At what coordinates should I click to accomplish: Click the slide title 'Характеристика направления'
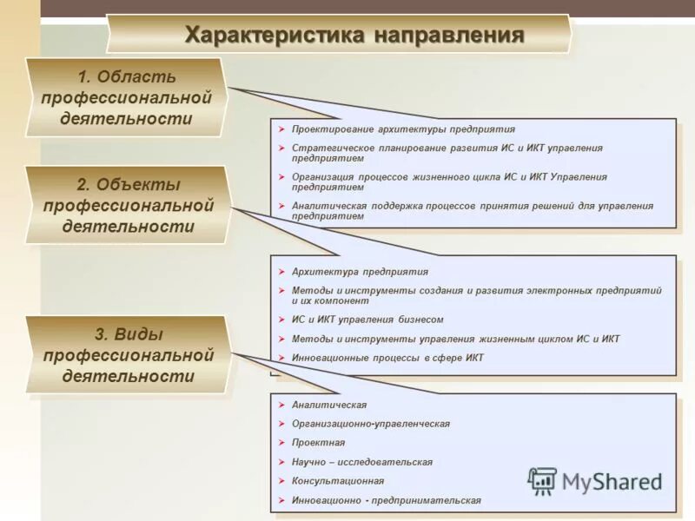click(x=354, y=35)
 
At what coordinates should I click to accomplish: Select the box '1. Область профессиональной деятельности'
click(x=126, y=97)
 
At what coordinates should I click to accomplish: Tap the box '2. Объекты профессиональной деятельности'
click(x=128, y=206)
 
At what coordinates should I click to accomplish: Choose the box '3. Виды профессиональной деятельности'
click(x=128, y=355)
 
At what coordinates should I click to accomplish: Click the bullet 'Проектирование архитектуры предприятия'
click(x=403, y=129)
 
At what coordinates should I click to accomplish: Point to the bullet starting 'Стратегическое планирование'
click(x=447, y=153)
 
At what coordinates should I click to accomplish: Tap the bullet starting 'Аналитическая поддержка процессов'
click(x=472, y=211)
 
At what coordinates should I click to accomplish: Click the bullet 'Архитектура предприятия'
click(x=360, y=272)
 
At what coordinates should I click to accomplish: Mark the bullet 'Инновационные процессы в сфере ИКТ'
click(x=387, y=358)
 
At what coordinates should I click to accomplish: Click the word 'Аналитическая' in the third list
click(x=329, y=406)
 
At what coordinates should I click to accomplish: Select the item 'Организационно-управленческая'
click(x=371, y=424)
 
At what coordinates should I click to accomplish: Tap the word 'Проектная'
click(x=318, y=443)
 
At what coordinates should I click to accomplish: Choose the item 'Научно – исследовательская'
click(x=362, y=462)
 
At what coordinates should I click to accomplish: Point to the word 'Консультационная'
click(x=338, y=481)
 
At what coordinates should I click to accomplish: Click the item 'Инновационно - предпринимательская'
click(x=386, y=501)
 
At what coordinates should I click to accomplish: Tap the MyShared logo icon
click(x=543, y=480)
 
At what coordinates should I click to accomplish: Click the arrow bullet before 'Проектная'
click(x=281, y=443)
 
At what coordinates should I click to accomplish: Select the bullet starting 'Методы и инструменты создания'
click(x=476, y=295)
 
